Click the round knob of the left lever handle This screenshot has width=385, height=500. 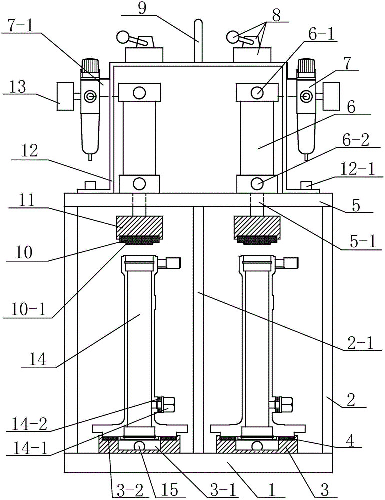(122, 36)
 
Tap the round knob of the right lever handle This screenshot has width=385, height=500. (232, 36)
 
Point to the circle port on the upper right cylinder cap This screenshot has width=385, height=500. (258, 92)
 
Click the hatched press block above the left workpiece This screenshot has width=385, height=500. (139, 226)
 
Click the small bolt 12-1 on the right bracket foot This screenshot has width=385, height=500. (306, 186)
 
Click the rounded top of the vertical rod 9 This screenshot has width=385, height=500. (198, 23)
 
